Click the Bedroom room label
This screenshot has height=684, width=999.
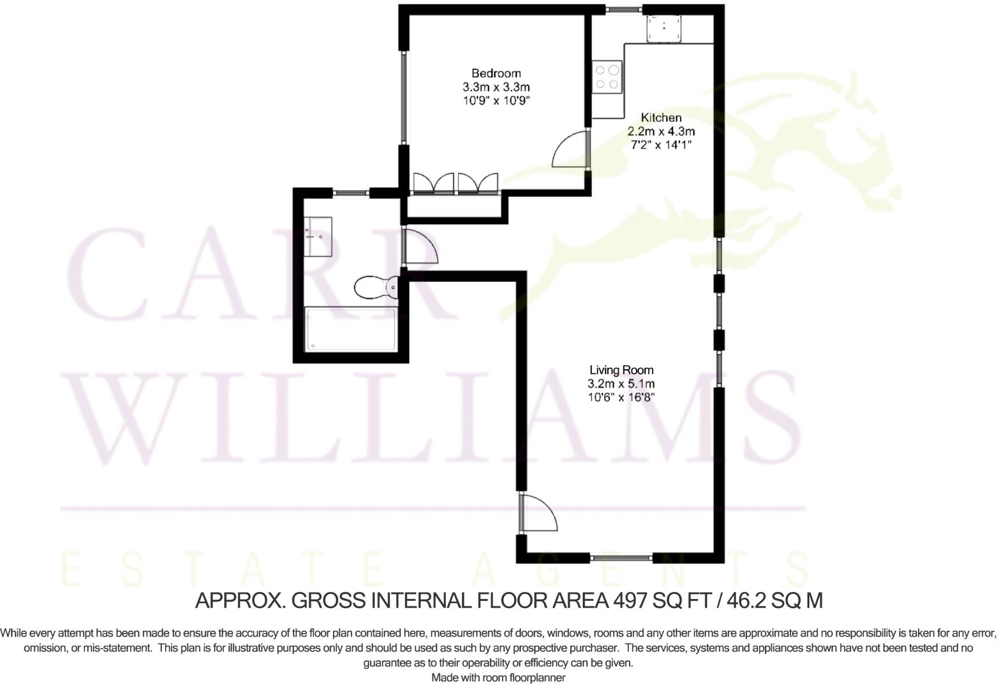495,73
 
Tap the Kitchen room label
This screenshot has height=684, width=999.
661,118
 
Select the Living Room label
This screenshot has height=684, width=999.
621,370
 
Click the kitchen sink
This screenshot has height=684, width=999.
664,28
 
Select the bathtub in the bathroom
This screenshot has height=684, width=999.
350,329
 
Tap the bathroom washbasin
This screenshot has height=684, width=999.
318,236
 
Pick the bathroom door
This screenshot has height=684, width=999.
419,247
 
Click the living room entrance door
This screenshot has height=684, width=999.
538,512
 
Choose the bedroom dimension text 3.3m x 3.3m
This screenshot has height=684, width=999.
495,87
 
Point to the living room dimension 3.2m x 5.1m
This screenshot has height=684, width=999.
621,384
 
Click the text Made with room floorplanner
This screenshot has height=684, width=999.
498,678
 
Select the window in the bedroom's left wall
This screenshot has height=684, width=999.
404,97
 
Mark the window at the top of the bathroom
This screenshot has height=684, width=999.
351,192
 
